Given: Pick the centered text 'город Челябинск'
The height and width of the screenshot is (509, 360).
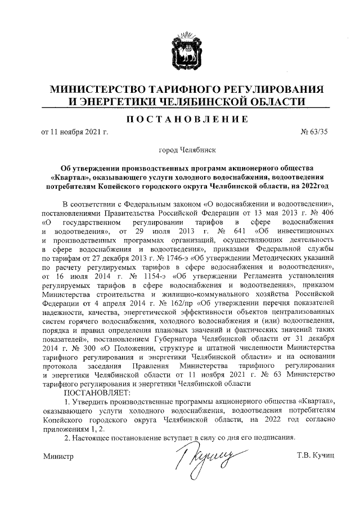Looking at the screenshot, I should [187, 151].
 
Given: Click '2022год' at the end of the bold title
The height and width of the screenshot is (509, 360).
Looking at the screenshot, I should [313, 184].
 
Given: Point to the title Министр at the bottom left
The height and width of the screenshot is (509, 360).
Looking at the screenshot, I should [58, 456].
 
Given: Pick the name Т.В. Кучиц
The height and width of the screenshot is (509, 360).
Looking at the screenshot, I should [316, 456].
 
